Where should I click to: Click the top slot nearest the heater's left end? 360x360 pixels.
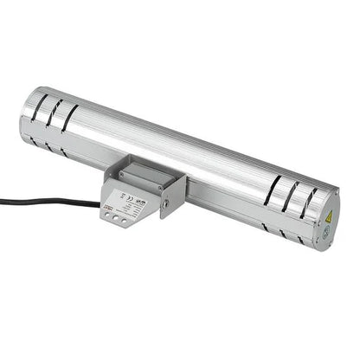40,106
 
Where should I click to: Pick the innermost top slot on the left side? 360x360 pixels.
70,117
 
